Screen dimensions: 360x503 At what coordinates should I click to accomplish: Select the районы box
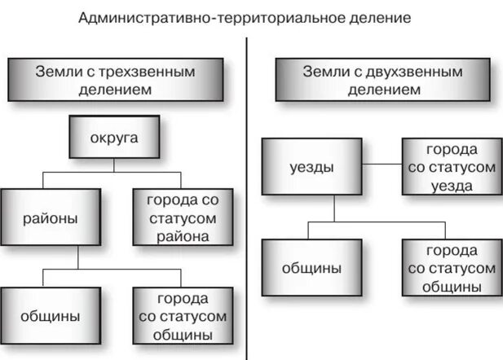(51, 219)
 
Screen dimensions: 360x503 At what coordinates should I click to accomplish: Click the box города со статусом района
(183, 218)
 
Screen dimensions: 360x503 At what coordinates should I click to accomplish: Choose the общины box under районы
(51, 314)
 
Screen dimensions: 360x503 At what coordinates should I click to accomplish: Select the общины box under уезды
(311, 268)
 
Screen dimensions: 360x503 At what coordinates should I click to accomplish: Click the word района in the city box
(183, 237)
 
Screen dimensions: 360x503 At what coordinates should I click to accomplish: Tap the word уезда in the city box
(450, 185)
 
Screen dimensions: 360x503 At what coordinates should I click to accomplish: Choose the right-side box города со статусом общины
(450, 268)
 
